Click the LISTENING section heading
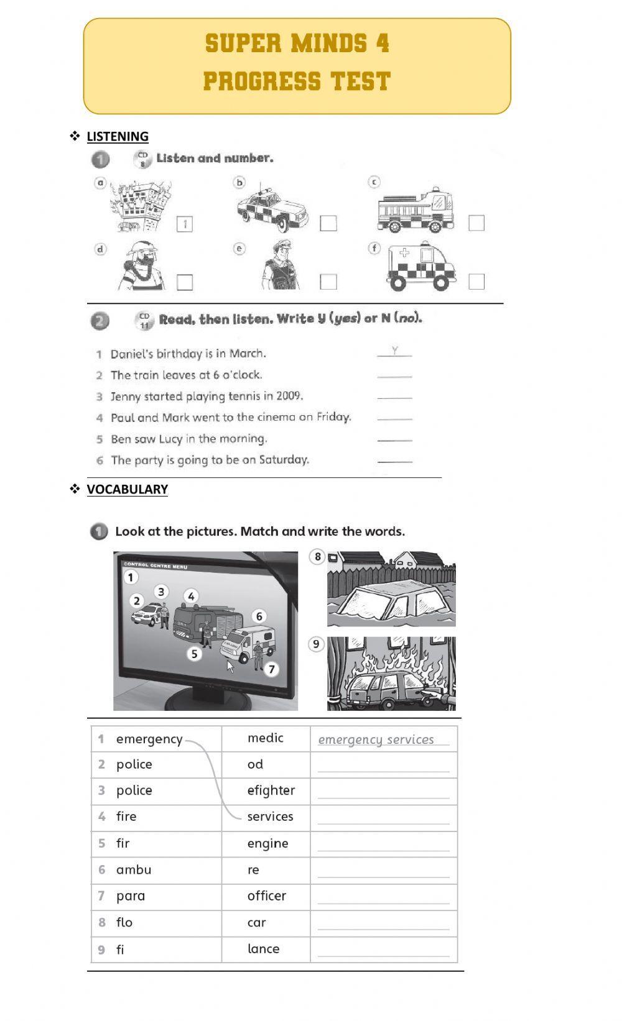[118, 137]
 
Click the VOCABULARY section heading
[127, 490]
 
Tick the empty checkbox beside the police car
[328, 223]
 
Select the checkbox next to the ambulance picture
[476, 282]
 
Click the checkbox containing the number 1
[185, 224]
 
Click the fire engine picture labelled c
[415, 210]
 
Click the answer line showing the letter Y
[394, 352]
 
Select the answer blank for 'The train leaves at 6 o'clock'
[394, 375]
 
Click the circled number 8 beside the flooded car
[317, 557]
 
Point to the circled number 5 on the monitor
[195, 654]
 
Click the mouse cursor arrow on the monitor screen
[230, 667]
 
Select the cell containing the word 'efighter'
[266, 791]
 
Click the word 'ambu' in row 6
[134, 870]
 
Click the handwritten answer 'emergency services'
[376, 740]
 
